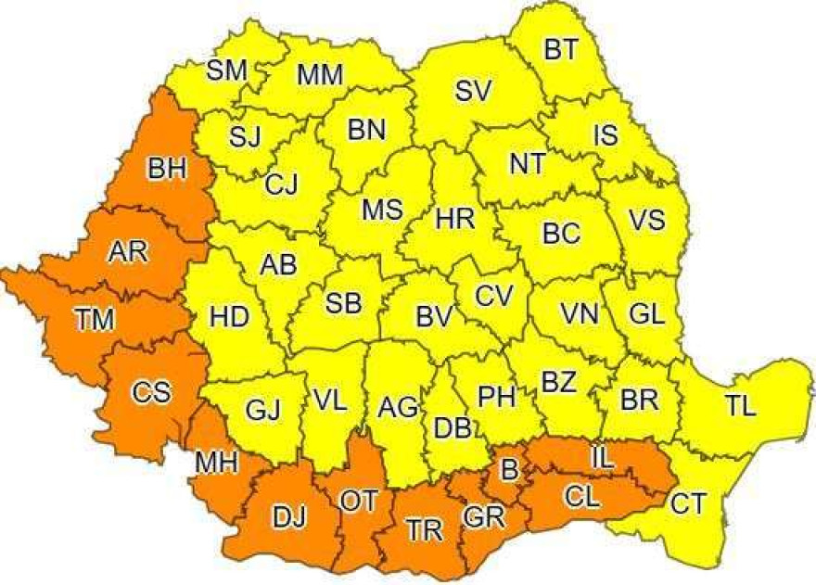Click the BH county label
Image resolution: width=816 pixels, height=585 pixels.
[167, 169]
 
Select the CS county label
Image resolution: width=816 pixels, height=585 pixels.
[151, 393]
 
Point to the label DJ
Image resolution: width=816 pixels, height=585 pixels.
[287, 518]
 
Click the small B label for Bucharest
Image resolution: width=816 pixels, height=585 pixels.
[508, 471]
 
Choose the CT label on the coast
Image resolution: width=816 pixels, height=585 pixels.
[689, 504]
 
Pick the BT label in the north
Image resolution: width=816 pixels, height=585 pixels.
[561, 49]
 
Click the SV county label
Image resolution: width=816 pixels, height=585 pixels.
[473, 91]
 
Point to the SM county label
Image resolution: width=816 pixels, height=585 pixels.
[226, 70]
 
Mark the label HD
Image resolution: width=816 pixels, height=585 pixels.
[229, 317]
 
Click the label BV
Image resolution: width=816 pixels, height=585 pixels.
[433, 316]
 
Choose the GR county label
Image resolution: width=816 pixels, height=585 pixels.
[484, 516]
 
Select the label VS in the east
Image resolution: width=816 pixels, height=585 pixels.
[646, 221]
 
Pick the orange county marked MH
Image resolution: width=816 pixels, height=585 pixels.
[216, 461]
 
